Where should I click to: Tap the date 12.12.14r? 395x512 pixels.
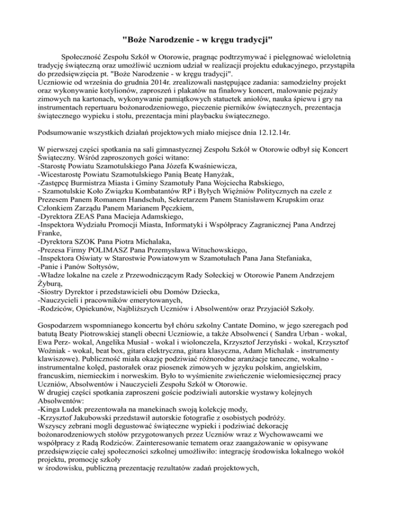click(x=272, y=132)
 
